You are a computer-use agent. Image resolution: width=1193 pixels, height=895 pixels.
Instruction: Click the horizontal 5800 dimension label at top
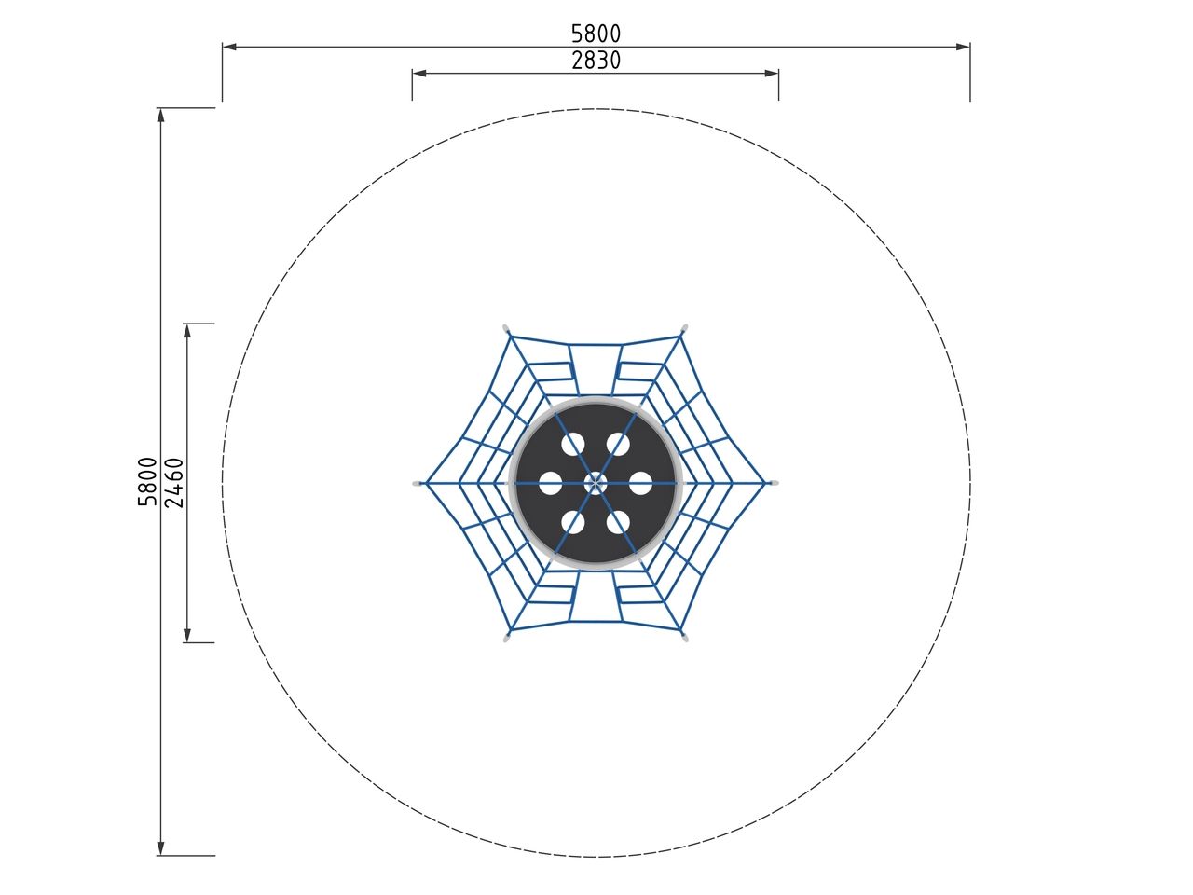pyautogui.click(x=596, y=34)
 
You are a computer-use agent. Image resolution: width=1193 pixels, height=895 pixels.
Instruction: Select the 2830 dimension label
pyautogui.click(x=596, y=61)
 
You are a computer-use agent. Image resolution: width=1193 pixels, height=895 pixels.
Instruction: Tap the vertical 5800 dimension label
pyautogui.click(x=147, y=481)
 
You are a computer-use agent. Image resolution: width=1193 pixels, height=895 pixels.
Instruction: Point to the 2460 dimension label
pyautogui.click(x=174, y=483)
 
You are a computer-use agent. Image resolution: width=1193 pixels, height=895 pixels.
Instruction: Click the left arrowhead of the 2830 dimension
pyautogui.click(x=419, y=73)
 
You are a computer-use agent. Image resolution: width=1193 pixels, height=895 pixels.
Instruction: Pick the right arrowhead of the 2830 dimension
pyautogui.click(x=771, y=73)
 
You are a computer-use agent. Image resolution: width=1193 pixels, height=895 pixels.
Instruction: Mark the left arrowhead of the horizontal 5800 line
pyautogui.click(x=229, y=47)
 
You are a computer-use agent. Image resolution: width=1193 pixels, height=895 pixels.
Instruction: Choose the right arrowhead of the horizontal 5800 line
pyautogui.click(x=963, y=47)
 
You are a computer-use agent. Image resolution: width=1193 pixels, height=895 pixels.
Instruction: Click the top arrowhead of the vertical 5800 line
pyautogui.click(x=160, y=116)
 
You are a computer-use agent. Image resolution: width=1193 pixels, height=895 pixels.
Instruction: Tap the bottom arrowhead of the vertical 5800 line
pyautogui.click(x=160, y=847)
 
